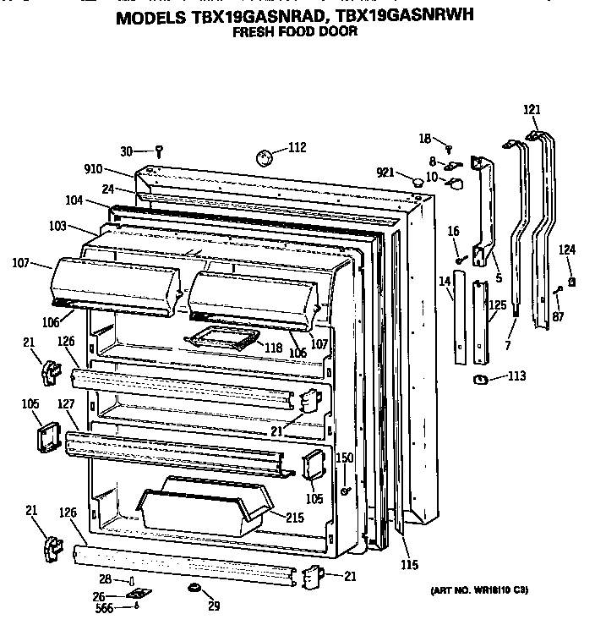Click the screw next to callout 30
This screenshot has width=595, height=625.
pyautogui.click(x=158, y=151)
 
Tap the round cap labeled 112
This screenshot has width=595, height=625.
pyautogui.click(x=265, y=157)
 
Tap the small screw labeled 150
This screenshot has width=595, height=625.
pyautogui.click(x=345, y=491)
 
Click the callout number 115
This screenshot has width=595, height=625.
pyautogui.click(x=408, y=565)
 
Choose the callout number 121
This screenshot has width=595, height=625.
pyautogui.click(x=531, y=110)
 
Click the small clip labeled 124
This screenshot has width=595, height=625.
pyautogui.click(x=572, y=282)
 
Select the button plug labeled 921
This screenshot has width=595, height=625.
pyautogui.click(x=418, y=181)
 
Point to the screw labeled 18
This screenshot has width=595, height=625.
pyautogui.click(x=449, y=149)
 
